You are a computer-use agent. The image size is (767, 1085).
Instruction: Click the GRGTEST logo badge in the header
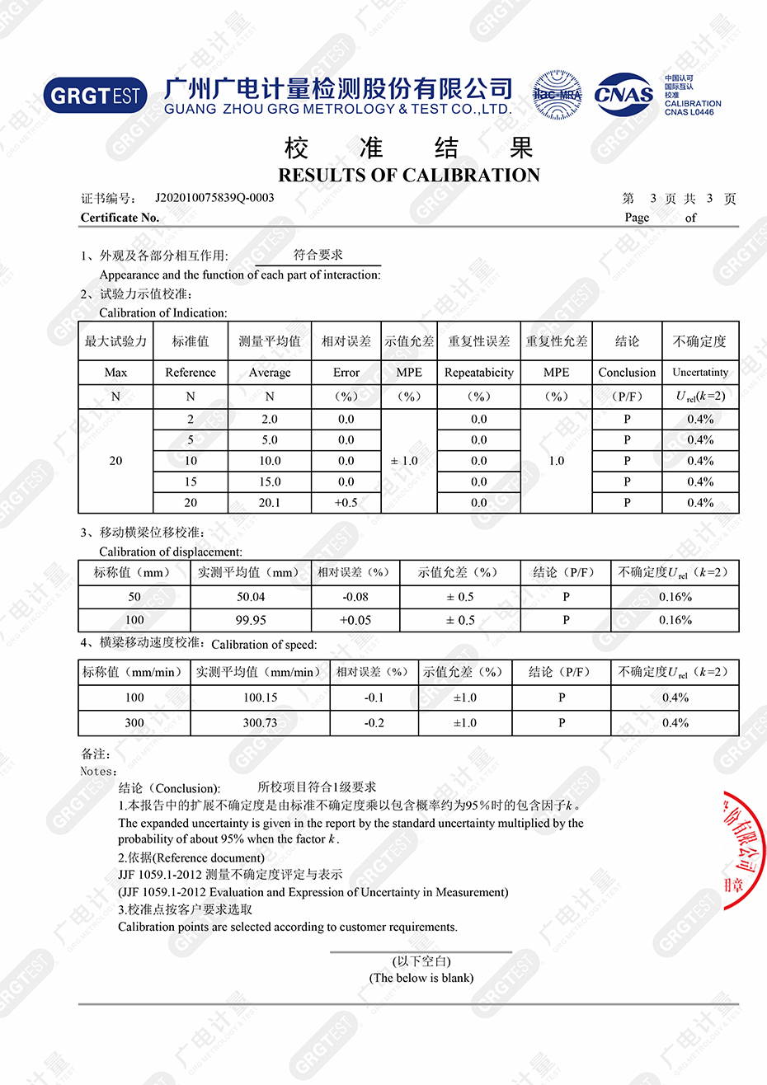pos(96,96)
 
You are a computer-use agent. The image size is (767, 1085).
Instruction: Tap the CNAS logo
pos(623,95)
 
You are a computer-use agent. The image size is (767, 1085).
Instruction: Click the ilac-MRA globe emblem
pos(557,95)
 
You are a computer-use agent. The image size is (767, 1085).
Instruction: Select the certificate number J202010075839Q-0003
pos(214,198)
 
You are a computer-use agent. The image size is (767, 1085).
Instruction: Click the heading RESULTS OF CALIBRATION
pos(409,176)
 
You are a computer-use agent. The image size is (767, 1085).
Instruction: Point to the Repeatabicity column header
pos(478,373)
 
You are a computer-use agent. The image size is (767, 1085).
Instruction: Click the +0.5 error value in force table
pos(346,503)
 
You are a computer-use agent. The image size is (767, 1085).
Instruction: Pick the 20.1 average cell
pos(270,503)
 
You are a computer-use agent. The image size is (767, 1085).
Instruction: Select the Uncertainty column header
pos(700,373)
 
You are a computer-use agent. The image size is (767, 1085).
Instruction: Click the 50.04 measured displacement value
pos(251,597)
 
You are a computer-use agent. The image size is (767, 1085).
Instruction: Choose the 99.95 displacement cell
pos(251,620)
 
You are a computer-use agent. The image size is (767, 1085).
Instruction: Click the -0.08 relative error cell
pos(355,597)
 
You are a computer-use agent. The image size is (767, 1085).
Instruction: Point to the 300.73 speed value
pos(260,723)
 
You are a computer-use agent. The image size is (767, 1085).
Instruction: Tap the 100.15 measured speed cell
pos(260,697)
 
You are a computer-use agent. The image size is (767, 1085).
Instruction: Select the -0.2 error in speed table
pos(374,723)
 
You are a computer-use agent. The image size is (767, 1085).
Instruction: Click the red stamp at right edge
pos(744,849)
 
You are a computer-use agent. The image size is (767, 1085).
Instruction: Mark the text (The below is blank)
pos(421,979)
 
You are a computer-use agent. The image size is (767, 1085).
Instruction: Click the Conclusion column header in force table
pos(627,373)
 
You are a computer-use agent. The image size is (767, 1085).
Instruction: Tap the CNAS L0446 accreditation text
pos(689,112)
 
